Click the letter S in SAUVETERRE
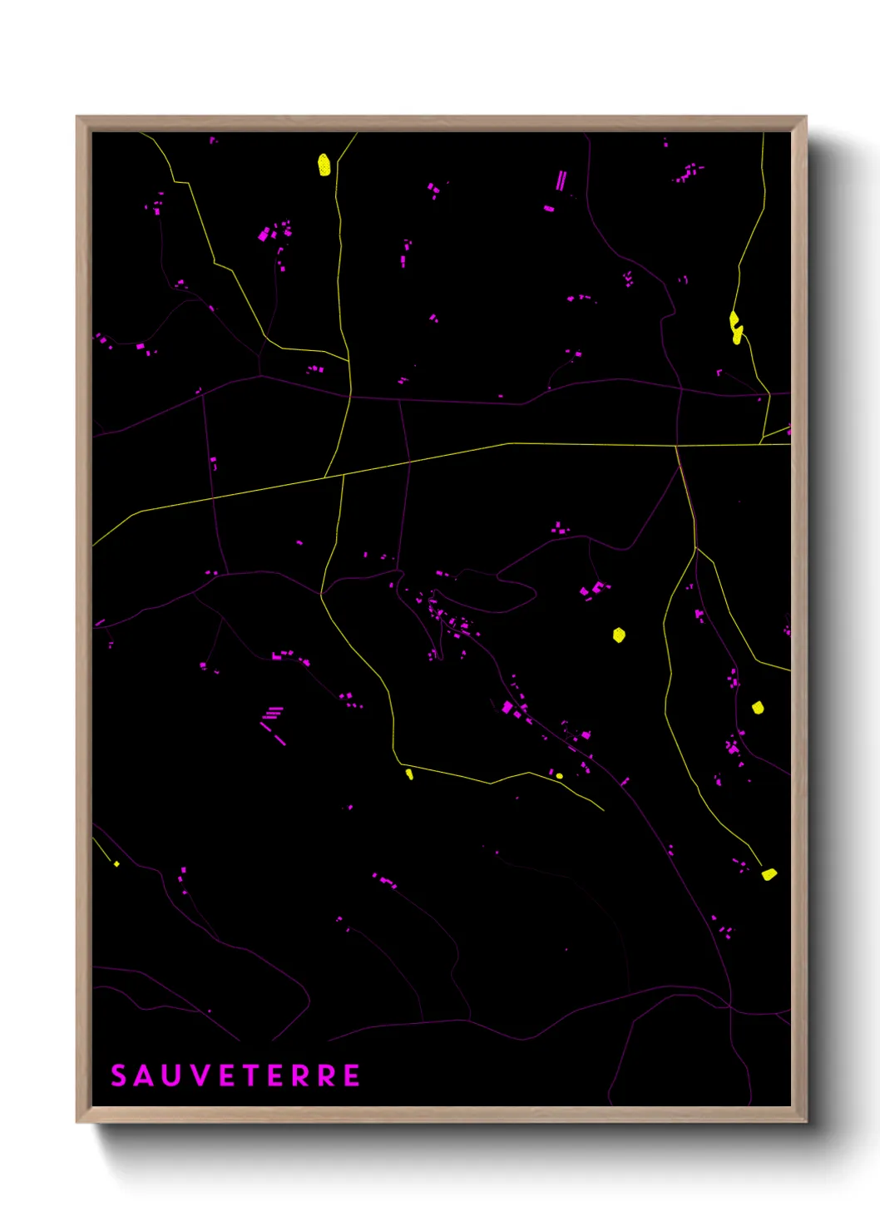pyautogui.click(x=118, y=1075)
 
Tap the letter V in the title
pyautogui.click(x=200, y=1075)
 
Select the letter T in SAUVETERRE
pyautogui.click(x=253, y=1075)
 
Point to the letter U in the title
pyautogui.click(x=171, y=1075)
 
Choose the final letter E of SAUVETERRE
pyautogui.click(x=352, y=1075)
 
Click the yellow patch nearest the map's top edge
pyautogui.click(x=324, y=165)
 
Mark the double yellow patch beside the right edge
pyautogui.click(x=735, y=327)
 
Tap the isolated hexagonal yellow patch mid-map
pyautogui.click(x=619, y=635)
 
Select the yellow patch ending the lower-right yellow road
pyautogui.click(x=769, y=874)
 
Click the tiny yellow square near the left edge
pyautogui.click(x=116, y=864)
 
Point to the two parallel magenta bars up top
pyautogui.click(x=561, y=180)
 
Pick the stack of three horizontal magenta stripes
pyautogui.click(x=273, y=713)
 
